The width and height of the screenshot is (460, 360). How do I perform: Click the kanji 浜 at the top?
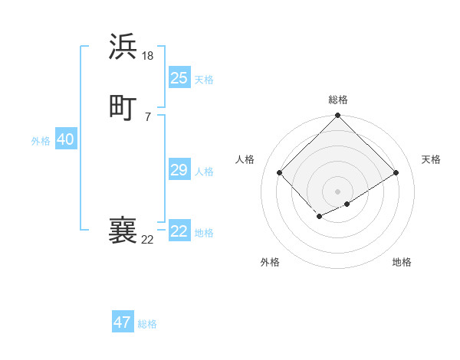tap(123, 47)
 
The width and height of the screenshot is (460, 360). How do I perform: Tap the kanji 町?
tap(123, 107)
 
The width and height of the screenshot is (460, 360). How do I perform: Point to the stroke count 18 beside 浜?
tap(149, 55)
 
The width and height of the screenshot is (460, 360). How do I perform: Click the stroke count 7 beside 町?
tap(147, 116)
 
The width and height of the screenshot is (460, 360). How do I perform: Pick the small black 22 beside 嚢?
tap(147, 240)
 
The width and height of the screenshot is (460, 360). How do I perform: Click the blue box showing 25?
tap(179, 77)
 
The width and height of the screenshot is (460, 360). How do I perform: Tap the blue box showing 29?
tap(179, 170)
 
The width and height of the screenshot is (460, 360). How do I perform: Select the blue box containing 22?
tap(179, 231)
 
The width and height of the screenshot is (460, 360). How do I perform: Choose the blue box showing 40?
tap(65, 139)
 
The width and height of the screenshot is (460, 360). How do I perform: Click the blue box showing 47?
tap(122, 322)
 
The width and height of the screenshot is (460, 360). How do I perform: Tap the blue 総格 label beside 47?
tap(147, 324)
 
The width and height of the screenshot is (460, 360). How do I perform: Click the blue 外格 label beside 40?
tap(41, 141)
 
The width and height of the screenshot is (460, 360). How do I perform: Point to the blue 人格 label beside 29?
tap(205, 172)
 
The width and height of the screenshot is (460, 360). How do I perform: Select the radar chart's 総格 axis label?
tap(338, 100)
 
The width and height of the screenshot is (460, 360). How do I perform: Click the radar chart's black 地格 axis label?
tap(402, 262)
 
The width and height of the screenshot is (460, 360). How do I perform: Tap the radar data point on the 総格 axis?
tap(338, 116)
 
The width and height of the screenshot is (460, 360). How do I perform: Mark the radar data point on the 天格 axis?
tap(396, 173)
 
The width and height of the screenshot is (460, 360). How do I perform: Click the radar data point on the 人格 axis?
tap(280, 173)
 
